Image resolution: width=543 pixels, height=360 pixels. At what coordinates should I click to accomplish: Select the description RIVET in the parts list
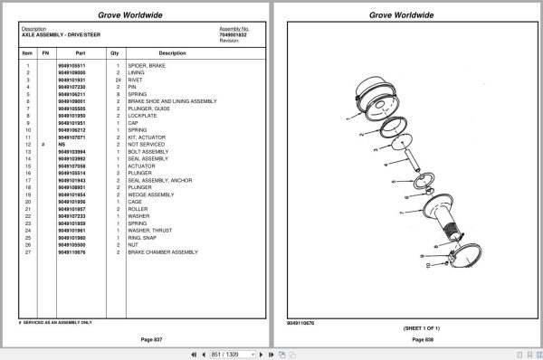point(137,81)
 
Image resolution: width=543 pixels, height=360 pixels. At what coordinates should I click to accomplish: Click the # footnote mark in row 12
point(44,144)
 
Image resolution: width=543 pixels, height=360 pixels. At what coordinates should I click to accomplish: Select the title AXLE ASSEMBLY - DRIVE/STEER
point(61,34)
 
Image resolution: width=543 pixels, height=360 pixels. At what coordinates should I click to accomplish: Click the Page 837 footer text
point(135,339)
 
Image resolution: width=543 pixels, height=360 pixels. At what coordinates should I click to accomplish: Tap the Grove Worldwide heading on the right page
point(406,15)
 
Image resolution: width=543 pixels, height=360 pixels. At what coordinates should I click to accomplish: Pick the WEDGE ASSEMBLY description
point(150,194)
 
